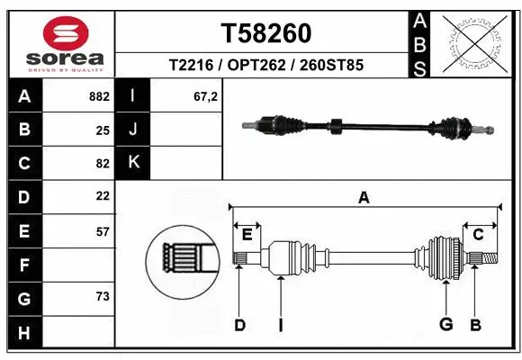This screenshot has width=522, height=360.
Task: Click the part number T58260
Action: tap(265, 33)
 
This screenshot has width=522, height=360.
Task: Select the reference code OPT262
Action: tap(265, 66)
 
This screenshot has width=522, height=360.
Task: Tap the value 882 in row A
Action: tap(99, 96)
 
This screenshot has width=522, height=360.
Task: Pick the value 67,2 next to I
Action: tap(206, 96)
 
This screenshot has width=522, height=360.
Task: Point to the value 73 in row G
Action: tap(102, 297)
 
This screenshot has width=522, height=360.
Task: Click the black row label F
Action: tap(23, 265)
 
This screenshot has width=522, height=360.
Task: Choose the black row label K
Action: tap(133, 163)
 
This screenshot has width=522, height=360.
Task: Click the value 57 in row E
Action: tap(102, 231)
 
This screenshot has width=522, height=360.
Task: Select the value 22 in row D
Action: tap(102, 196)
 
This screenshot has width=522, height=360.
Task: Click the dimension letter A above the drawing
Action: tap(364, 198)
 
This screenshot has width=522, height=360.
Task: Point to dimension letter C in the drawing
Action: tap(478, 235)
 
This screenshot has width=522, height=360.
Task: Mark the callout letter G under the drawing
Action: tap(445, 324)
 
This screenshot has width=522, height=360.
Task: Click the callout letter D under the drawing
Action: tap(239, 324)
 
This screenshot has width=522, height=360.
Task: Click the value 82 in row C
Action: tap(102, 163)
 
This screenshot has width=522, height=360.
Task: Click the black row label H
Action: tap(23, 332)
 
